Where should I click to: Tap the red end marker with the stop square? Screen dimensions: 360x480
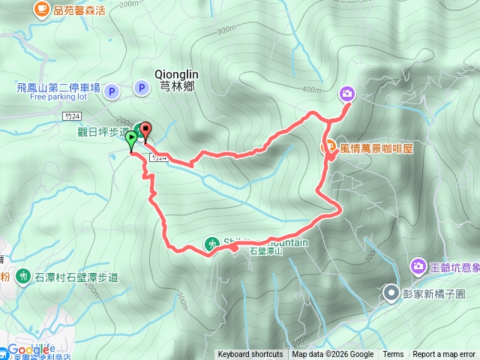(145, 129)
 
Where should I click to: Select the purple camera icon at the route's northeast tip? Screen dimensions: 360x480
(347, 93)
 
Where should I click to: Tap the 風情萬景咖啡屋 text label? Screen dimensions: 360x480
(376, 148)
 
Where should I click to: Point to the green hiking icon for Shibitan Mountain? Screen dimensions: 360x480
(212, 243)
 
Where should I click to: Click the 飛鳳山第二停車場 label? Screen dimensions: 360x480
(58, 88)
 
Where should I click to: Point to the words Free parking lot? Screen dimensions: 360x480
(59, 97)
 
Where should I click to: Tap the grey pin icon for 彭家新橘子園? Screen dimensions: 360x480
(391, 292)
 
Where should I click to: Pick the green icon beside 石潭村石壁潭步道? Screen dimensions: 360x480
(22, 277)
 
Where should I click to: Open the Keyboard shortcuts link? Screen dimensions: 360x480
(250, 355)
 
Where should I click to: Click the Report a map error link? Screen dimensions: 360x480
(444, 355)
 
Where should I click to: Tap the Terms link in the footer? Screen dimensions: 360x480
(393, 355)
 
